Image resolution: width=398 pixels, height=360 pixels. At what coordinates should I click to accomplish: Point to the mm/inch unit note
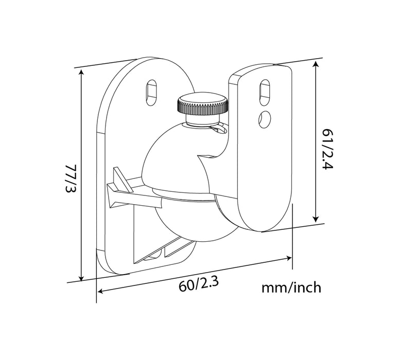tap(291, 287)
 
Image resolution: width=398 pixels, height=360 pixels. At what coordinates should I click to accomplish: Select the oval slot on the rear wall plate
tap(151, 91)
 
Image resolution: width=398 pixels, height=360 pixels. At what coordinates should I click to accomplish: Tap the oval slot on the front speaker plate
tap(264, 91)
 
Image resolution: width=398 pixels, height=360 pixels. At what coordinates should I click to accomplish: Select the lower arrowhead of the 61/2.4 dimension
tap(315, 220)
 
